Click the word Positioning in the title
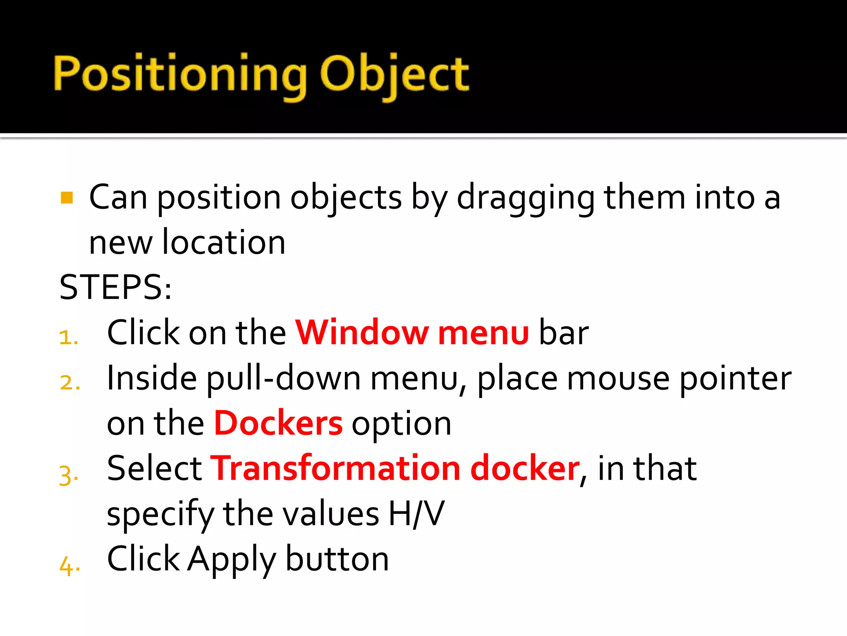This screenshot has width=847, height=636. pyautogui.click(x=180, y=75)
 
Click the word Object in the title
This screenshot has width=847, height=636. pyautogui.click(x=395, y=75)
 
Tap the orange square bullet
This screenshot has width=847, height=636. pyautogui.click(x=67, y=198)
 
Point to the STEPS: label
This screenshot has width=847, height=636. pyautogui.click(x=115, y=287)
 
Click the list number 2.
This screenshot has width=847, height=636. pyautogui.click(x=69, y=383)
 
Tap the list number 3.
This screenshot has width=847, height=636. pyautogui.click(x=69, y=475)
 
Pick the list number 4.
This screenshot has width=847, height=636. pyautogui.click(x=69, y=566)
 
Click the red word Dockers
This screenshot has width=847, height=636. pyautogui.click(x=278, y=423)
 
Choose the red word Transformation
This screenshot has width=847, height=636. pyautogui.click(x=335, y=468)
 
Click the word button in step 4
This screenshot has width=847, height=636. pyautogui.click(x=337, y=559)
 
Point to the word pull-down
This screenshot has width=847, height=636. pyautogui.click(x=284, y=379)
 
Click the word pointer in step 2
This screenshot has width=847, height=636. pyautogui.click(x=735, y=379)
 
